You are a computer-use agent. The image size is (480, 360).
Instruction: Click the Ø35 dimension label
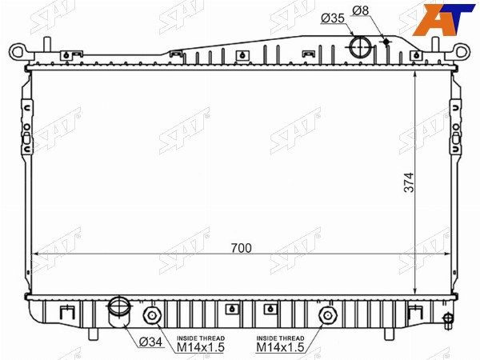tap(333, 18)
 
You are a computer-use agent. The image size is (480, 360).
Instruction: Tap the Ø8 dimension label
tap(361, 10)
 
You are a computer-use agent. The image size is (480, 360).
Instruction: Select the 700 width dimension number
tap(242, 248)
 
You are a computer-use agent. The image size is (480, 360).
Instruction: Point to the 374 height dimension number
tap(409, 182)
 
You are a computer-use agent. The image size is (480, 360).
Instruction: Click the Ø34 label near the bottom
tap(150, 342)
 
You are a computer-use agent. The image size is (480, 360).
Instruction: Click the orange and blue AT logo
tap(443, 19)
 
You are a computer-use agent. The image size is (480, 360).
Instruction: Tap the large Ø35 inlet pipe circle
tap(361, 47)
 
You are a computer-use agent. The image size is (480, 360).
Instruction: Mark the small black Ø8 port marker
tap(386, 42)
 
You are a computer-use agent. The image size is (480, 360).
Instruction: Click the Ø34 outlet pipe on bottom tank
tap(118, 312)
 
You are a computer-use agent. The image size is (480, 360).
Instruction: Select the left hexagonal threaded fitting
tap(152, 315)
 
